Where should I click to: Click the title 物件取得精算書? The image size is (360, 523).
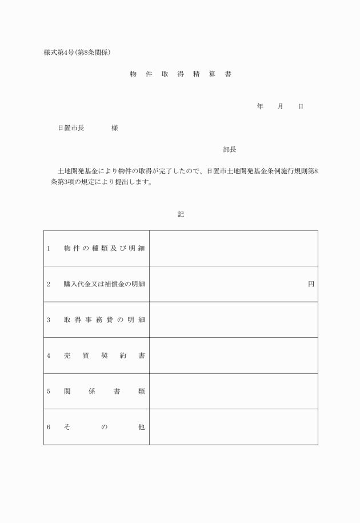pyautogui.click(x=180, y=74)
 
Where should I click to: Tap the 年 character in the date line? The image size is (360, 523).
pyautogui.click(x=260, y=107)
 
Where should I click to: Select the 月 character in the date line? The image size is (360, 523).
pyautogui.click(x=280, y=107)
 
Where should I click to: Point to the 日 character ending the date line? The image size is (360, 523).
pyautogui.click(x=300, y=107)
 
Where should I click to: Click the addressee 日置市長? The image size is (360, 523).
pyautogui.click(x=71, y=129)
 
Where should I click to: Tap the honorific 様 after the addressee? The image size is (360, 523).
pyautogui.click(x=115, y=129)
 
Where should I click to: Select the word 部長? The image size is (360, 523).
pyautogui.click(x=230, y=150)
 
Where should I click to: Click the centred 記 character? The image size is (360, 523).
pyautogui.click(x=181, y=214)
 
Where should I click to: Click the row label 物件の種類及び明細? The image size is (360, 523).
pyautogui.click(x=104, y=249)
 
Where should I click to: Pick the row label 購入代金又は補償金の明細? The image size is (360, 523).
pyautogui.click(x=104, y=284)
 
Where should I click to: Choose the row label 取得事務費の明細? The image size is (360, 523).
pyautogui.click(x=104, y=320)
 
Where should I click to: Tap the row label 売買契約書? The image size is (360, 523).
pyautogui.click(x=104, y=356)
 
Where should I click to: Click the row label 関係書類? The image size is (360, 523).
pyautogui.click(x=104, y=391)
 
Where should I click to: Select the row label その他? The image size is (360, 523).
pyautogui.click(x=104, y=427)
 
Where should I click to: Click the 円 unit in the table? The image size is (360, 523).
pyautogui.click(x=311, y=284)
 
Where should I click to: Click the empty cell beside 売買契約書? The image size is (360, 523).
pyautogui.click(x=233, y=356)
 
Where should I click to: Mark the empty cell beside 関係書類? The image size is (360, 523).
pyautogui.click(x=233, y=391)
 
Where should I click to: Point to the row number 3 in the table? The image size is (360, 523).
pyautogui.click(x=49, y=320)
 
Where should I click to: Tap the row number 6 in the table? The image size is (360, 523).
pyautogui.click(x=49, y=427)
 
